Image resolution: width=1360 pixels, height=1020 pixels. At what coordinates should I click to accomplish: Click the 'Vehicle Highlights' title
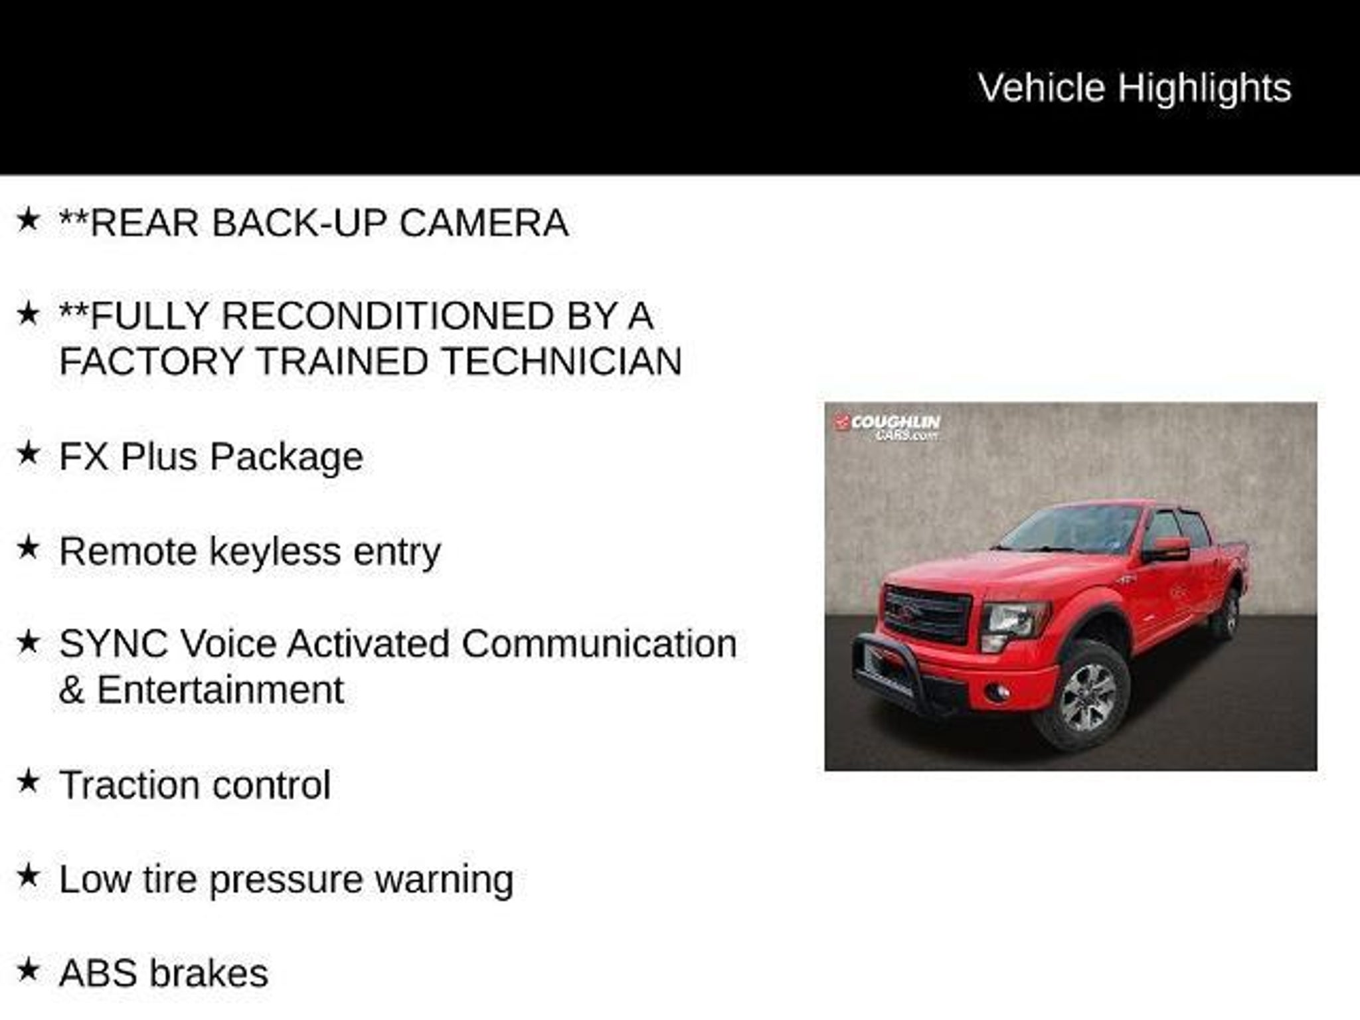point(1135,88)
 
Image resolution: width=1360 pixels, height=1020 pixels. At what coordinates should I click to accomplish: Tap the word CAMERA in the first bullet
point(483,222)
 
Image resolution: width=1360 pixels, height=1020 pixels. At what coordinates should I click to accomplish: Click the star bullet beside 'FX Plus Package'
point(28,454)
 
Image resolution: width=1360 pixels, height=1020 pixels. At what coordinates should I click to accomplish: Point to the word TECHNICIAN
point(562,361)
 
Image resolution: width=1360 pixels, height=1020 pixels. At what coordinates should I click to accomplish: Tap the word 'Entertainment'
point(220,689)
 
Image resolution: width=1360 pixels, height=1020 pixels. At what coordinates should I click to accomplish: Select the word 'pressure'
point(286,880)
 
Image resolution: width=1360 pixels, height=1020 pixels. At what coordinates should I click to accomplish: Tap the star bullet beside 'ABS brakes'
point(28,970)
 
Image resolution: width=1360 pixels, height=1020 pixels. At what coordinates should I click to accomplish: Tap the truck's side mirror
point(1167,549)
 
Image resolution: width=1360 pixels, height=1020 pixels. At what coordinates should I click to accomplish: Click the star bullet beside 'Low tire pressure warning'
point(28,876)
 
